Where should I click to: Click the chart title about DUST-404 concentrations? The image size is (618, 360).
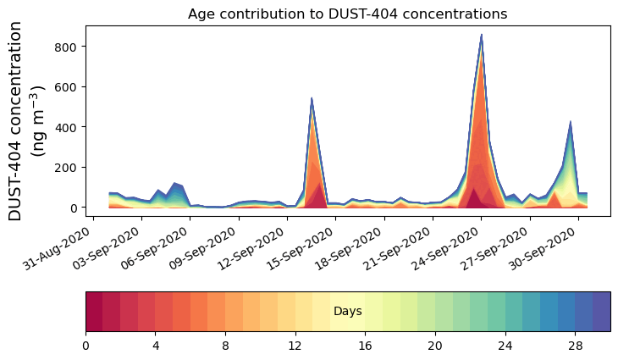click(x=347, y=14)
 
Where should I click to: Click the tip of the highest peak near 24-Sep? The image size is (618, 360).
click(x=481, y=36)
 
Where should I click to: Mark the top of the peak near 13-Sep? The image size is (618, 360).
click(x=312, y=98)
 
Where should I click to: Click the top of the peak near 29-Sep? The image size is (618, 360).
click(x=571, y=122)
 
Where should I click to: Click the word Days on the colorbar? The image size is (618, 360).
click(x=347, y=312)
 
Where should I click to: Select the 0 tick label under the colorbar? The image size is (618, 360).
click(x=86, y=346)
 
